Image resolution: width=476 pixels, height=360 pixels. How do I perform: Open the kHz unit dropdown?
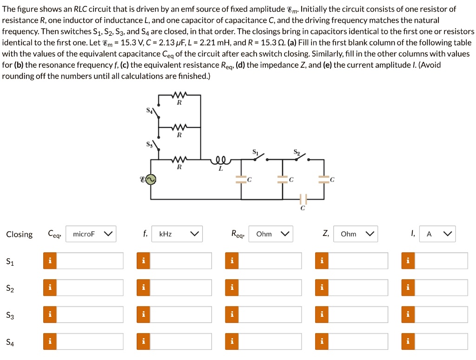pos(178,234)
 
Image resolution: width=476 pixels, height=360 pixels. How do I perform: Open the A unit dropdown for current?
pos(437,234)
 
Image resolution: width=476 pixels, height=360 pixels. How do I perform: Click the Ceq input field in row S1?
pos(90,261)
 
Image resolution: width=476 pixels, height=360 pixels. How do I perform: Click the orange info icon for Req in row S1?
pos(231,261)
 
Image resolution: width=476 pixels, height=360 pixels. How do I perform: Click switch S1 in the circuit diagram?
pos(259,157)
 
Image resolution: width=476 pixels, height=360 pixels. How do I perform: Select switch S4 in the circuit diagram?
pos(158,113)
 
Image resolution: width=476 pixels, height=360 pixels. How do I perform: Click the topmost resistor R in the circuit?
pos(179,96)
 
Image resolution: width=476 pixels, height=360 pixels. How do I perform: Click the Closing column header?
pos(20,235)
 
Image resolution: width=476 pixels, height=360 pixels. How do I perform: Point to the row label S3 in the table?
pos(10,316)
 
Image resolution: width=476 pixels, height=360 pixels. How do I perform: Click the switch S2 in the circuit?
pos(300,157)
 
